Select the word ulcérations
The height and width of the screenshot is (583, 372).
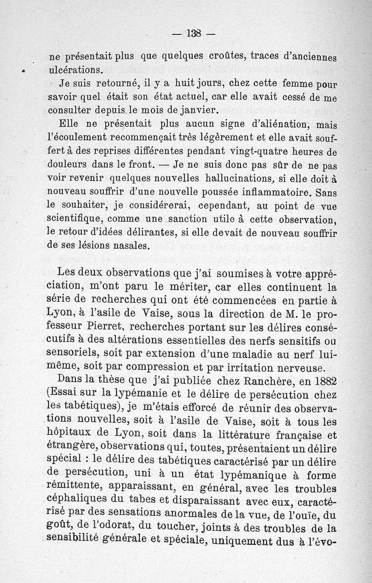click(x=75, y=71)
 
